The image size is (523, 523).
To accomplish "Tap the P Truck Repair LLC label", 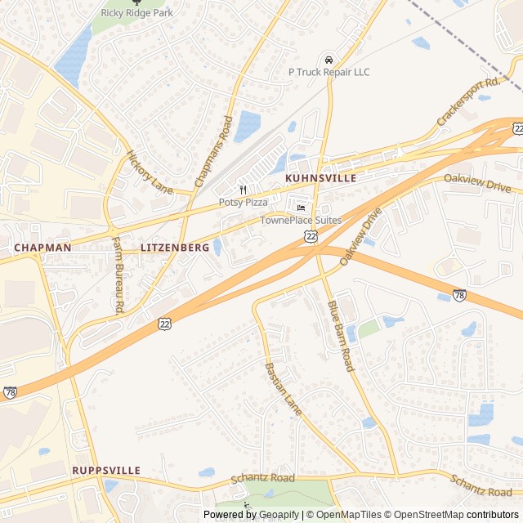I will click(329, 72).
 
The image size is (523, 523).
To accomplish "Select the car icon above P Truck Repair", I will click(329, 60).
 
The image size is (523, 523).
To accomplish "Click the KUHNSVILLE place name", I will click(321, 177).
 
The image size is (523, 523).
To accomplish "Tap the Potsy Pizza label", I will click(243, 201).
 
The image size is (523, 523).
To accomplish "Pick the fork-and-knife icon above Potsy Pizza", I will click(243, 189).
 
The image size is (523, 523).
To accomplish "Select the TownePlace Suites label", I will click(301, 220).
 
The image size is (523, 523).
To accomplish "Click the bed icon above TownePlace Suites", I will click(301, 208).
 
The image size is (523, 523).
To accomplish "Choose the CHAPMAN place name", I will click(42, 247).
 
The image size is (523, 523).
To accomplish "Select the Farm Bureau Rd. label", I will click(118, 275).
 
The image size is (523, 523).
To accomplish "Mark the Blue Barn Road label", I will click(341, 336).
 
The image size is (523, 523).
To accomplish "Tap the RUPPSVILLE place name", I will click(106, 471).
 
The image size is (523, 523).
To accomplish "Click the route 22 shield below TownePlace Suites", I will click(311, 236).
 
